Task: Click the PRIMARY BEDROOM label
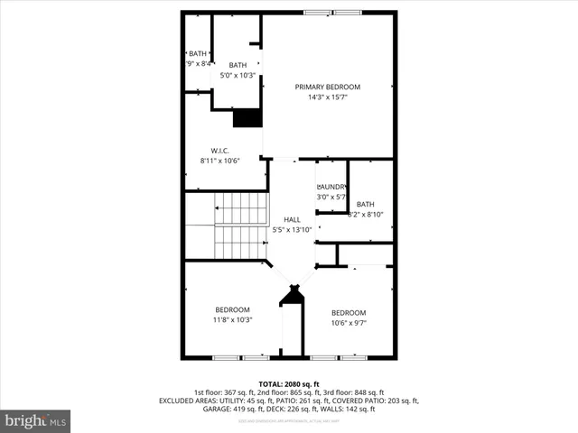pyautogui.click(x=327, y=87)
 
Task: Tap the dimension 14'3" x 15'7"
pyautogui.click(x=327, y=97)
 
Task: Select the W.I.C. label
pyautogui.click(x=219, y=151)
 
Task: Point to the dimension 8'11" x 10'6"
pyautogui.click(x=219, y=161)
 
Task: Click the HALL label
pyautogui.click(x=292, y=219)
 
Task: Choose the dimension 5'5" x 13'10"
pyautogui.click(x=292, y=230)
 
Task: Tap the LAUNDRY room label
pyautogui.click(x=331, y=187)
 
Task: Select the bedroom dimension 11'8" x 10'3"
pyautogui.click(x=232, y=319)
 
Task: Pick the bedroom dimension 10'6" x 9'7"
pyautogui.click(x=348, y=322)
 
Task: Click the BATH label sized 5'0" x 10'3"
pyautogui.click(x=238, y=65)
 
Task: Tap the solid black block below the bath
pyautogui.click(x=247, y=118)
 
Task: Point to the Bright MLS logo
pyautogui.click(x=36, y=420)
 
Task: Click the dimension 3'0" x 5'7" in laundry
pyautogui.click(x=331, y=197)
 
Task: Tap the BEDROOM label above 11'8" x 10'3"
pyautogui.click(x=232, y=309)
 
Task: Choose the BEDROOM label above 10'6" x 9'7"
pyautogui.click(x=348, y=312)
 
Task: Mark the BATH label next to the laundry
pyautogui.click(x=365, y=204)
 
